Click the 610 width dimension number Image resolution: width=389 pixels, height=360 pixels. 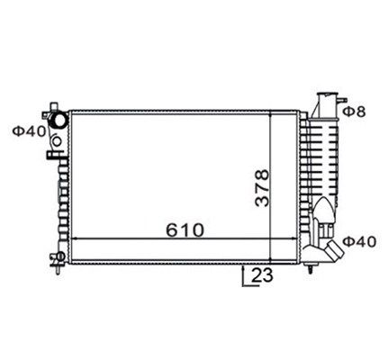185,230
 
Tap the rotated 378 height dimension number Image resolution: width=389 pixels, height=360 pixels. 262,188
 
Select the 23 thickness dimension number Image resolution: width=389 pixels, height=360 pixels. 262,275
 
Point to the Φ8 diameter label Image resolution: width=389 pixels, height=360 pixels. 354,112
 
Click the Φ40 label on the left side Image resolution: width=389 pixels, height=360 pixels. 29,131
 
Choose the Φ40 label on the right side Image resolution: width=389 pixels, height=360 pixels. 359,242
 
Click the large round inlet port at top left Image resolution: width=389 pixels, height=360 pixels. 59,120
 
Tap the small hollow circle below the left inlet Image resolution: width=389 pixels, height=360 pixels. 57,140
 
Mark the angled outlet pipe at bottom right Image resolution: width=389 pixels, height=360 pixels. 334,250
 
